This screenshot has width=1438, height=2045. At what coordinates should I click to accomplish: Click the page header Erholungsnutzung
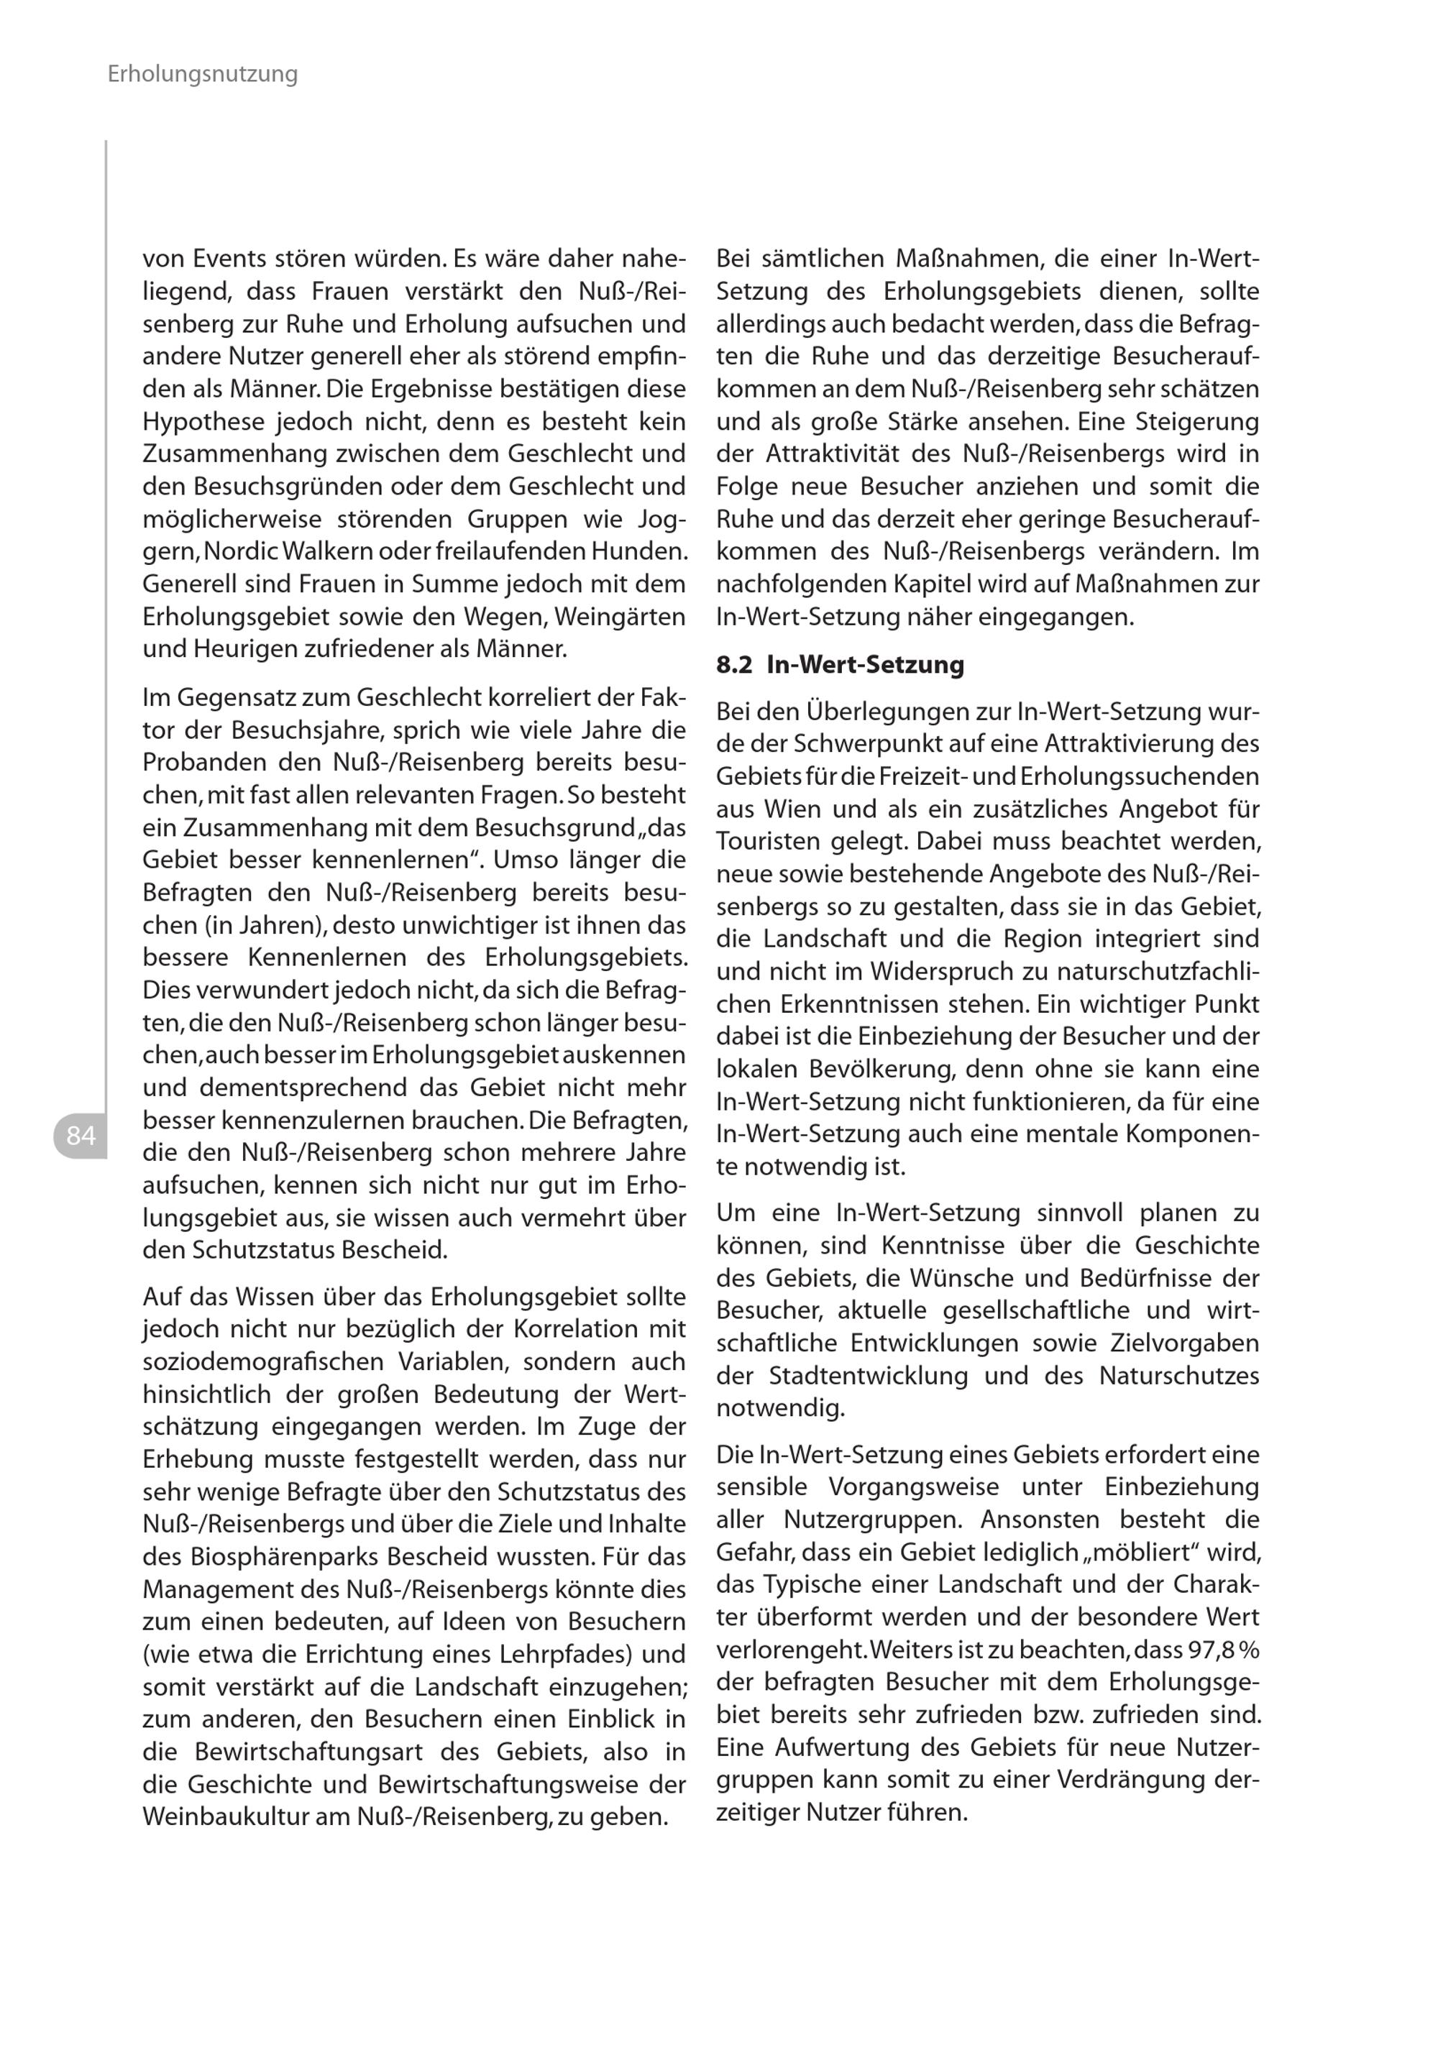(x=202, y=74)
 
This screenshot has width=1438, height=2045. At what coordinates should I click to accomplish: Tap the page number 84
(x=81, y=1136)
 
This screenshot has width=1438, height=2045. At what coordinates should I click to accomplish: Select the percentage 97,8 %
(x=1223, y=1650)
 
